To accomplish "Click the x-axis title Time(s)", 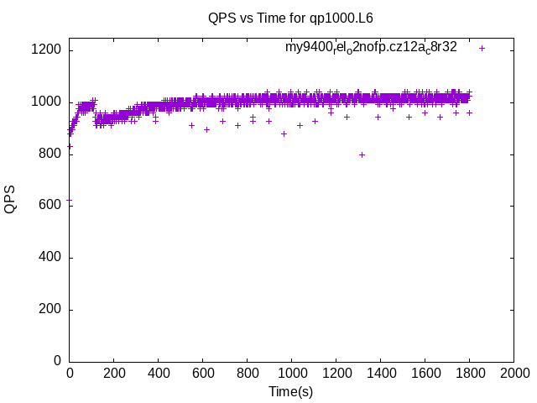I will (x=290, y=391).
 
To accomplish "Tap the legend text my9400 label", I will (x=371, y=47).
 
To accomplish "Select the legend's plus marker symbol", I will (x=482, y=48).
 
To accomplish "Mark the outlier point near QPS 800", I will (x=362, y=154).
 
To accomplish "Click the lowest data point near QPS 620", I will (x=70, y=200).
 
